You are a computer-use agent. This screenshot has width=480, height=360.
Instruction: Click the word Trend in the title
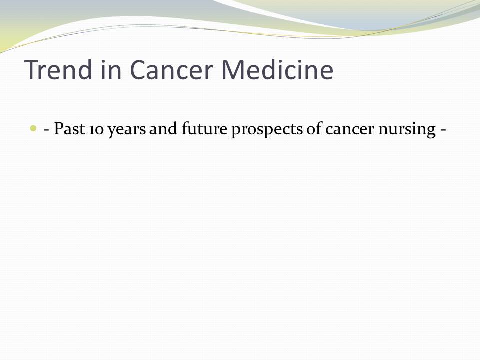pos(58,70)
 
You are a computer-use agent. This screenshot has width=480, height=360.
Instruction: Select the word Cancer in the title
pos(171,70)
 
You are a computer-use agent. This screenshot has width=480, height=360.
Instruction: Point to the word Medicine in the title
pos(277,70)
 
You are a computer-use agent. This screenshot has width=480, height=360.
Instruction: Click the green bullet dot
pos(33,128)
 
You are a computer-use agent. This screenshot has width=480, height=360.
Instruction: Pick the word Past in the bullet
pos(69,129)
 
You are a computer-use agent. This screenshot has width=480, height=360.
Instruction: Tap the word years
pos(127,130)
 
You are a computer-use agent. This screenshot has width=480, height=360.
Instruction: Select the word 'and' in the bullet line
pos(163,129)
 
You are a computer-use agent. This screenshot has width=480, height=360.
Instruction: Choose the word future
pos(204,129)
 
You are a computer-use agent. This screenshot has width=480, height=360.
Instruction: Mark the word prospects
pos(267,130)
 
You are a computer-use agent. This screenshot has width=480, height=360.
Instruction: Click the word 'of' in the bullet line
pos(314,128)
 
